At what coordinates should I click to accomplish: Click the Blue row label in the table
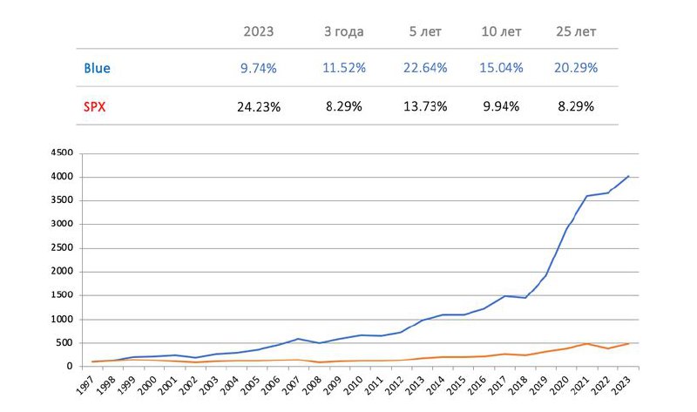pos(97,67)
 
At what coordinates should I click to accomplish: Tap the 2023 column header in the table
pos(258,31)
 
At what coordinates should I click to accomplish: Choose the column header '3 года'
pos(343,31)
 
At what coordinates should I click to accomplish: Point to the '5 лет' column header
pos(426,31)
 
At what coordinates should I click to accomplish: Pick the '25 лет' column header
pos(575,31)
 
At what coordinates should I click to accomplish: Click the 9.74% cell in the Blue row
pos(258,67)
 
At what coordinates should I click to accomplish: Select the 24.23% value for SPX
pos(258,106)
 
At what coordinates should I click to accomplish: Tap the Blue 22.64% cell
pos(426,67)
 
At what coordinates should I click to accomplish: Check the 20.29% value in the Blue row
pos(575,67)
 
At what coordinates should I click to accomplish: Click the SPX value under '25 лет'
pos(575,106)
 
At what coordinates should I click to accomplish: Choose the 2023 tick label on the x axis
pos(625,383)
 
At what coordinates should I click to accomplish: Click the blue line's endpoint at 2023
pos(628,176)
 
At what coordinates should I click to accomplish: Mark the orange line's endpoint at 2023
pos(628,343)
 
